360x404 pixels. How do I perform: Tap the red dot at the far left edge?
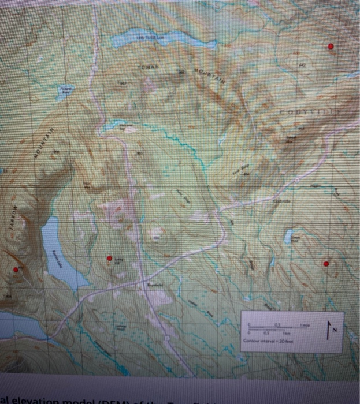(x=16, y=269)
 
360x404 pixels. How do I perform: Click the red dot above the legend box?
(x=326, y=264)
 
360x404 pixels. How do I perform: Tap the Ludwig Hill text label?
(x=117, y=261)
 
